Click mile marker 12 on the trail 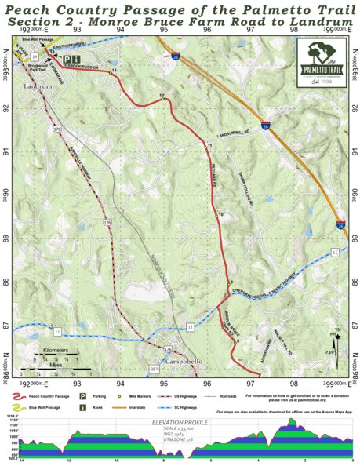click(x=162, y=98)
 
